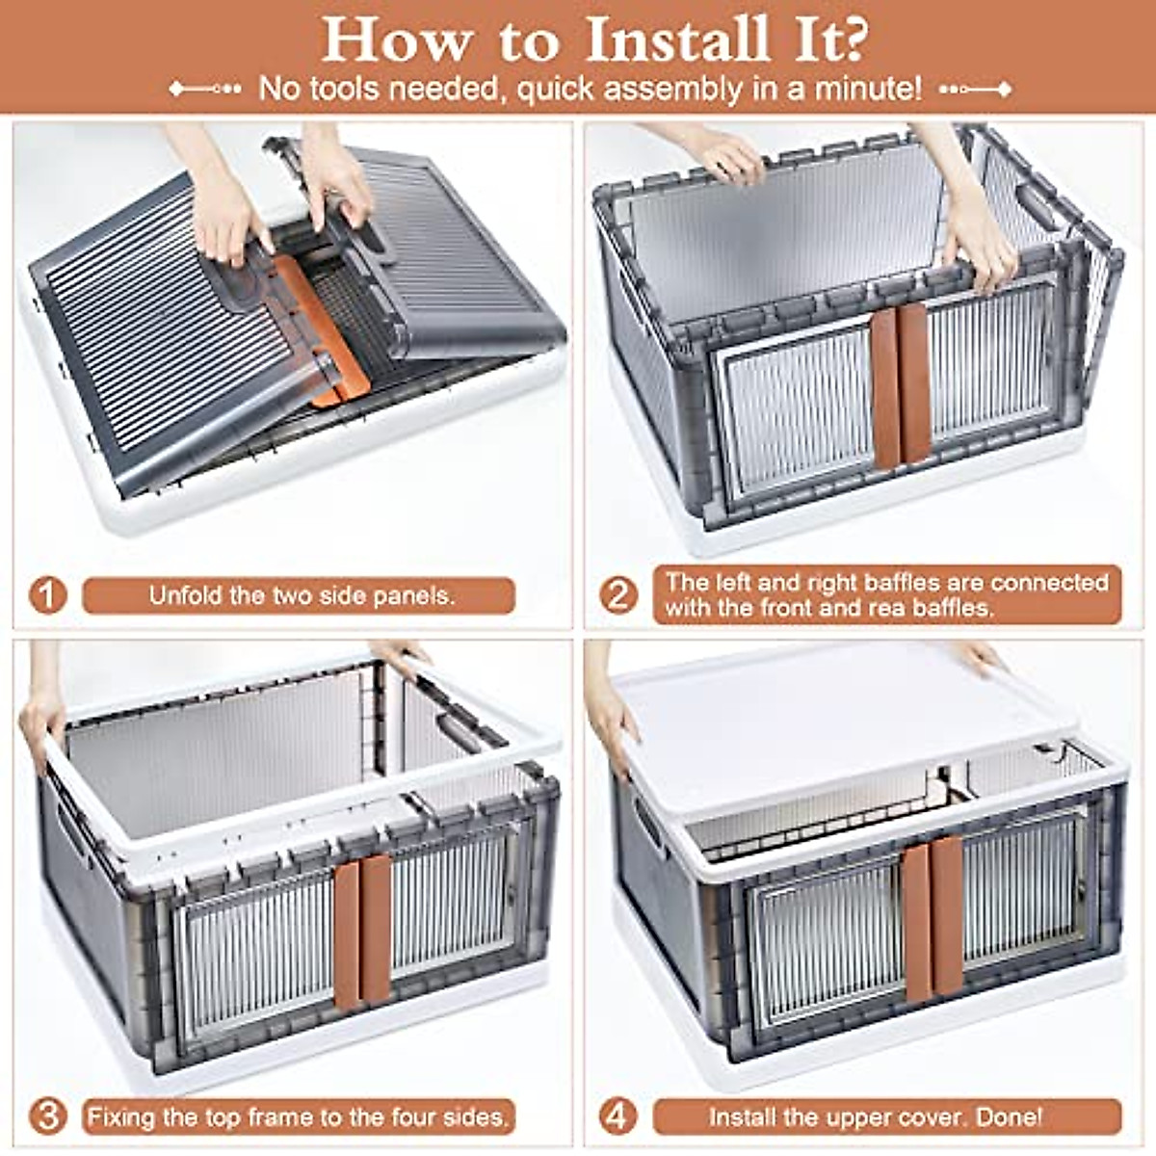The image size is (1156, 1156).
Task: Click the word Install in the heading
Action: tap(677, 39)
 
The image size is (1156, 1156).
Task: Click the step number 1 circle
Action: tap(47, 595)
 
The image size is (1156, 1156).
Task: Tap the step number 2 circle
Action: tap(617, 595)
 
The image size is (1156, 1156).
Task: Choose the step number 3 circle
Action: tap(47, 1117)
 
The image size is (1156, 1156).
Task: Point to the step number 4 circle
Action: tap(617, 1117)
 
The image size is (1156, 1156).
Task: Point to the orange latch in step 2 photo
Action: tap(901, 384)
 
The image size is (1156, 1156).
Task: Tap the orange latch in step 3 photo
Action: tap(362, 932)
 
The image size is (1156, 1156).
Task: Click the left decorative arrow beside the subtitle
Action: tap(205, 89)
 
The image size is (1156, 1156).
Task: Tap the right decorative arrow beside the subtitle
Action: tap(976, 90)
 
